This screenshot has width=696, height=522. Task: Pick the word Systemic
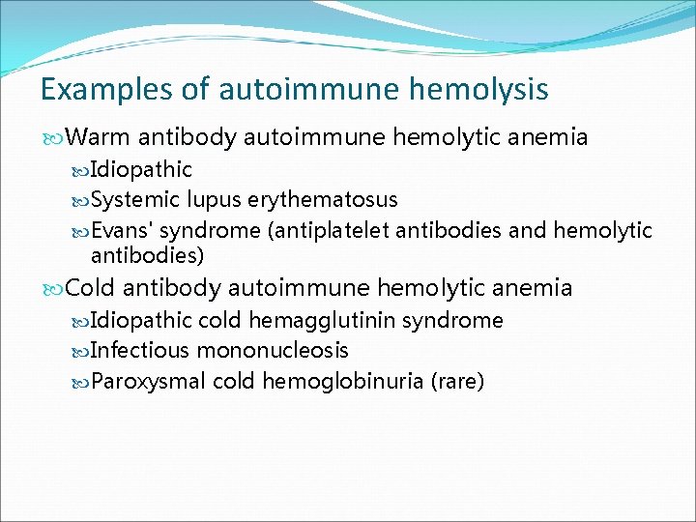pyautogui.click(x=135, y=200)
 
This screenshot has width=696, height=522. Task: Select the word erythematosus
pyautogui.click(x=323, y=200)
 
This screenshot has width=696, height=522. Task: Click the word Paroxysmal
pyautogui.click(x=148, y=381)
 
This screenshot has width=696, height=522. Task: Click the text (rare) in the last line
pyautogui.click(x=458, y=381)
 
